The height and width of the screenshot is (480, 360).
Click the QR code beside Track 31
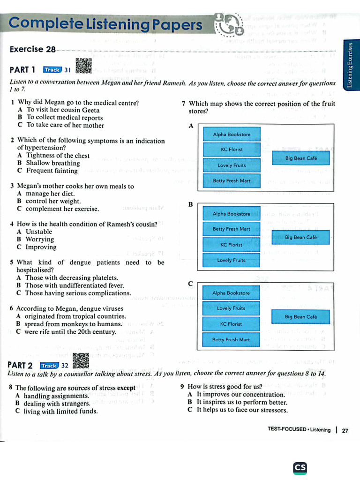83,66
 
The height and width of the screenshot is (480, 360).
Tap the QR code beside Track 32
81,361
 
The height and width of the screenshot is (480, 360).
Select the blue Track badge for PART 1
52,70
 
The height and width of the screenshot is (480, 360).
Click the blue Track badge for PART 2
49,366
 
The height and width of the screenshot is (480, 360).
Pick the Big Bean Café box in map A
301,158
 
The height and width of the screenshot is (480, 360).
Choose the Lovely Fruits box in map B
232,260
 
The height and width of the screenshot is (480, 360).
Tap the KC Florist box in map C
231,324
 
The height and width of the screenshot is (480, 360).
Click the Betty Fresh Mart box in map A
232,180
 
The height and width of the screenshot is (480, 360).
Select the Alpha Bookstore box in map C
231,293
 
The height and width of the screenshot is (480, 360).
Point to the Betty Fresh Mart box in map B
232,229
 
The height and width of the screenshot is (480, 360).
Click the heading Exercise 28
33,49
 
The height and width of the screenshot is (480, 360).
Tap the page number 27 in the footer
345,430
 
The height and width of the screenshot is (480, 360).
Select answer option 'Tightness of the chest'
58,156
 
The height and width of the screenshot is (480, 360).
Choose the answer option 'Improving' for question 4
41,247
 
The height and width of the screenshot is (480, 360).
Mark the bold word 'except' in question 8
126,388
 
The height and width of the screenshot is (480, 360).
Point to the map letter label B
191,205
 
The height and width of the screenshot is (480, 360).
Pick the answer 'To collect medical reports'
64,118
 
